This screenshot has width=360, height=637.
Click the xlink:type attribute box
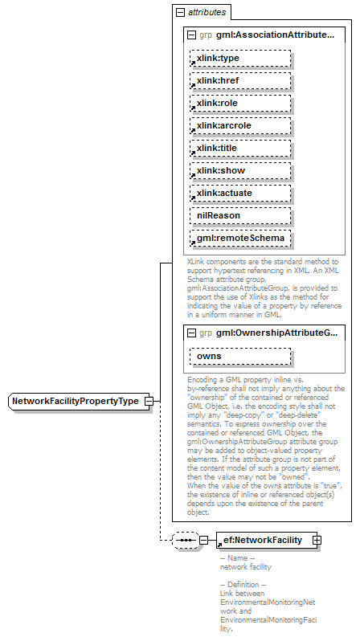[239, 59]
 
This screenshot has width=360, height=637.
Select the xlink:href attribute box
[239, 81]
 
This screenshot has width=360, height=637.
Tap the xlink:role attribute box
[239, 104]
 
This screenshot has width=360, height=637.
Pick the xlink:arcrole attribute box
[239, 126]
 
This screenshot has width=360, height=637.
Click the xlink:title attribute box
[239, 149]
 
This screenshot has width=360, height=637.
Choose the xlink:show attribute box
[239, 171]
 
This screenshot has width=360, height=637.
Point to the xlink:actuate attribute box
[239, 194]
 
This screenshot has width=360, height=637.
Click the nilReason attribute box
[239, 216]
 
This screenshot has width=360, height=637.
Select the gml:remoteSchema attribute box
[239, 239]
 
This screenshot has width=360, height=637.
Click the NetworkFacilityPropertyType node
[76, 401]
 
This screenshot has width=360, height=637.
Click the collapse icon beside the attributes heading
[178, 13]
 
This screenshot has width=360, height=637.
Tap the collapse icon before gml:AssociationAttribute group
[191, 35]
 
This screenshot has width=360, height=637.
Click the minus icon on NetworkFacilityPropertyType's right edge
[149, 401]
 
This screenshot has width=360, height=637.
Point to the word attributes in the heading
[207, 13]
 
